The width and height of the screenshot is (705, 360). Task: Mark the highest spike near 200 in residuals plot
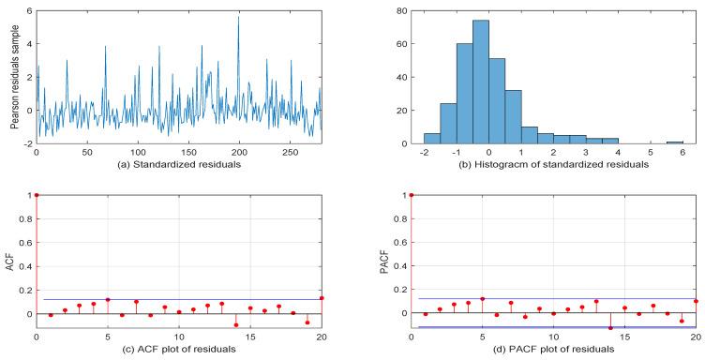coord(238,17)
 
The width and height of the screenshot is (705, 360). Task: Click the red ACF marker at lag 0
coord(37,195)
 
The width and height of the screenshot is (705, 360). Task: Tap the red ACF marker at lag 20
coord(322,298)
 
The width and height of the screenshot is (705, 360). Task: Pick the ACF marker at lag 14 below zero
coord(236,324)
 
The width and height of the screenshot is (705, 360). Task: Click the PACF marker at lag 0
coord(412,195)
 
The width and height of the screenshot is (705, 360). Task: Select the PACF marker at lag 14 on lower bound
coord(610,328)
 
